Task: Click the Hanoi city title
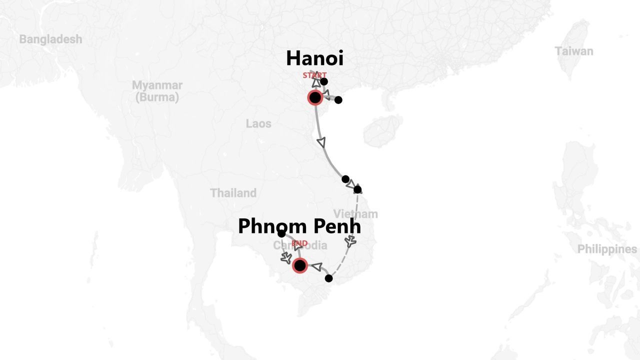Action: click(314, 58)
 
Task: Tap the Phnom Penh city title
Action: click(299, 226)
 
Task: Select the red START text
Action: click(314, 75)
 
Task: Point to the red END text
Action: click(299, 243)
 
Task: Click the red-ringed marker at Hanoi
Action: click(315, 97)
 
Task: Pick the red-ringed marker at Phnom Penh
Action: click(299, 265)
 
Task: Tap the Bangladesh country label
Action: click(50, 39)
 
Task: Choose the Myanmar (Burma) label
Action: click(157, 91)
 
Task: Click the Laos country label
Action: click(258, 123)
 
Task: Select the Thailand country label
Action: click(233, 193)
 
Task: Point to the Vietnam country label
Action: click(355, 214)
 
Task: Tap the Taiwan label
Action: click(574, 51)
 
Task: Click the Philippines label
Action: click(607, 249)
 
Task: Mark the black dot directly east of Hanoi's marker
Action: click(338, 100)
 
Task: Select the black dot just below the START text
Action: click(324, 81)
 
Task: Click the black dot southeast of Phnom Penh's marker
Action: click(328, 278)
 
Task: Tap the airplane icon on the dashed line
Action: click(351, 242)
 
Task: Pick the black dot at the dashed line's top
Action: click(357, 189)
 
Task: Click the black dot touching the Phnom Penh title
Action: click(281, 233)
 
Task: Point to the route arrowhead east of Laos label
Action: click(321, 142)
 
